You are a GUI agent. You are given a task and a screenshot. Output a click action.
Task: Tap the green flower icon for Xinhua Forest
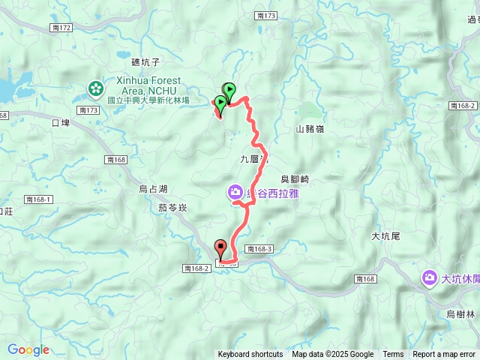coord(96,89)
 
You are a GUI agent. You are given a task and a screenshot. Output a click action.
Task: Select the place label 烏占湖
coord(153,189)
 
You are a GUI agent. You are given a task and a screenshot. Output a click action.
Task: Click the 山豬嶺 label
coord(310,129)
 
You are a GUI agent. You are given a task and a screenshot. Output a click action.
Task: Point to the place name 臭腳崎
coord(295,179)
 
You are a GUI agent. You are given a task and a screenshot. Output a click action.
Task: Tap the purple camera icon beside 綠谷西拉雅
coord(235,193)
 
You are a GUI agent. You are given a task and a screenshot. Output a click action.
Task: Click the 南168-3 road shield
coord(280,248)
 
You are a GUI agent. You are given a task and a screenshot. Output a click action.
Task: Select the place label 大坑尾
coord(386,236)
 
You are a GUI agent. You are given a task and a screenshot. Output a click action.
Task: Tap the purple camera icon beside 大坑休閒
coord(429,277)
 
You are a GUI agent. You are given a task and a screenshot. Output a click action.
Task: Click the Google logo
coord(28,349)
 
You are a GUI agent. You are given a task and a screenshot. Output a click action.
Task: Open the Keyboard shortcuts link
coord(250,355)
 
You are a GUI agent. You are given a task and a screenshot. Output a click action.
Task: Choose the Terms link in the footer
coord(393,355)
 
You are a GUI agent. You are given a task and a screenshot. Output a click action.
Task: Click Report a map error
coord(445,355)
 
